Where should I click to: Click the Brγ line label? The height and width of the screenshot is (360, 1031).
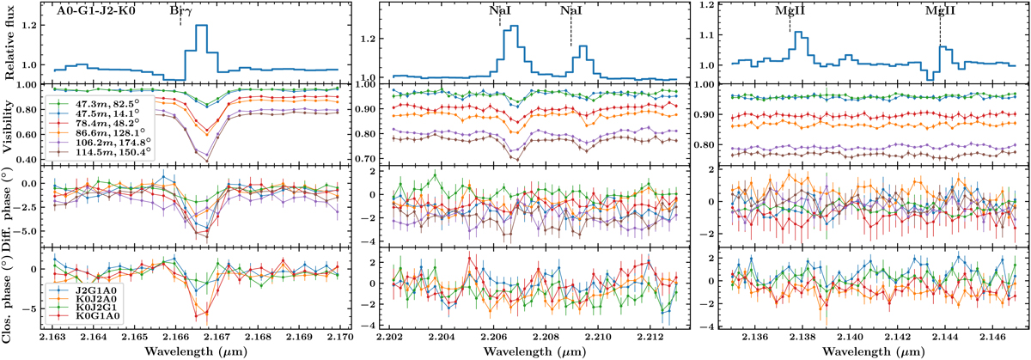180,13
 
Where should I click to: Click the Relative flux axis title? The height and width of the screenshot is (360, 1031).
9,42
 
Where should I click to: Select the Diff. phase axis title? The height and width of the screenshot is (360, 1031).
9,207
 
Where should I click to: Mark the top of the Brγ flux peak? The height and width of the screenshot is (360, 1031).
202,25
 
